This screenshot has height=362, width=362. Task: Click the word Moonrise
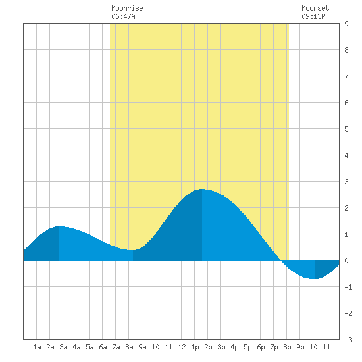tap(127, 8)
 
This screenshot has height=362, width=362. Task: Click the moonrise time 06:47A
tap(123, 16)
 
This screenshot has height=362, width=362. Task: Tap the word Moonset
tap(315, 8)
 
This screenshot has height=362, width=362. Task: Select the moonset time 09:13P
tap(313, 16)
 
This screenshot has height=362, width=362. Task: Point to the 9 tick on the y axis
tap(346, 24)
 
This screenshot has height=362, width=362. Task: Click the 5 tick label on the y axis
tap(346, 129)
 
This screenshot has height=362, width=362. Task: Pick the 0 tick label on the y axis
tap(346, 261)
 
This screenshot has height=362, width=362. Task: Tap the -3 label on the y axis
tap(348, 340)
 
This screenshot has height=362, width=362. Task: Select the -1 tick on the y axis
tap(348, 287)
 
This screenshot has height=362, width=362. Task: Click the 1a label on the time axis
tap(37, 347)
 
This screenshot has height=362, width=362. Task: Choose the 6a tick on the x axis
tap(103, 347)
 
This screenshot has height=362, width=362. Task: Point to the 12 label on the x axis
tap(182, 347)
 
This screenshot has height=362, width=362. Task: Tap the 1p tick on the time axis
tap(195, 348)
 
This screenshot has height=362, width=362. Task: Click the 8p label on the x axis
tap(287, 348)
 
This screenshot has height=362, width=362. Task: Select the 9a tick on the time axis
tap(142, 347)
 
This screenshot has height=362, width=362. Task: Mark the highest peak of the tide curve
tap(202, 189)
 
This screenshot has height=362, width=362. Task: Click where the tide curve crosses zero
tap(281, 260)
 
